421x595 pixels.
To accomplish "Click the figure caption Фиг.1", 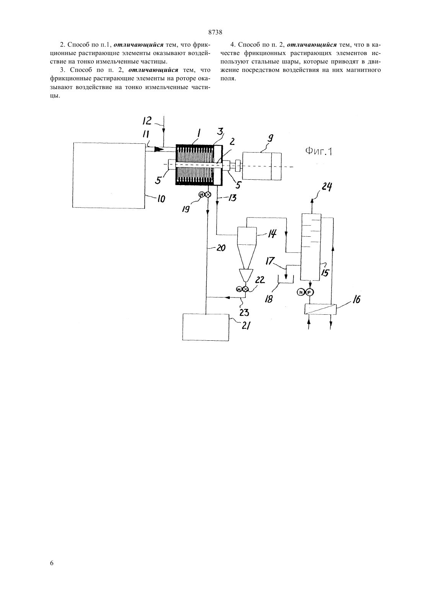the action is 318,152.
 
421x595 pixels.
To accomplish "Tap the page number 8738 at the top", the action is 215,33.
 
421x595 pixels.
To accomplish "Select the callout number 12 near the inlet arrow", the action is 147,121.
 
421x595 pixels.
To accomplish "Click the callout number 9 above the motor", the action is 271,139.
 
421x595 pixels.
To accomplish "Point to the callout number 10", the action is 161,199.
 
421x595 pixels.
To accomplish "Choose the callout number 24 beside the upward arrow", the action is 326,187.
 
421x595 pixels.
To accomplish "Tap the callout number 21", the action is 246,325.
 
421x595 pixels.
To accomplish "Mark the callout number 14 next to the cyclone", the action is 272,234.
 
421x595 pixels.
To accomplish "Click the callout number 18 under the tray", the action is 269,299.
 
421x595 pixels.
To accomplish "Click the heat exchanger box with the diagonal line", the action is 320,309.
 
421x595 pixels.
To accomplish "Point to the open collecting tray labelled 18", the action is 286,280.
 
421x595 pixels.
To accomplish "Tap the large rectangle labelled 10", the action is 109,175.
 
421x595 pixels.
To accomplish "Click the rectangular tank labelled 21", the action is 206,327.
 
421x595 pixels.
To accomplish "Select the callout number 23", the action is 244,312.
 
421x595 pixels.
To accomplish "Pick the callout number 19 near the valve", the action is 186,209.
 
